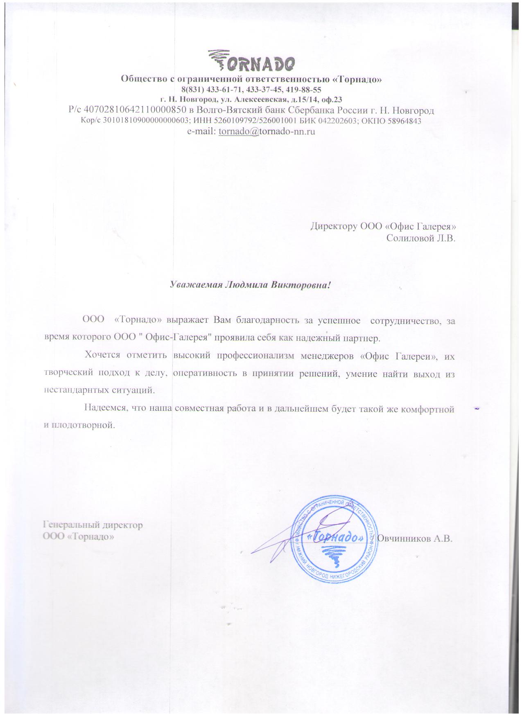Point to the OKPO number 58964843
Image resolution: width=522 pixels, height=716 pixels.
404,121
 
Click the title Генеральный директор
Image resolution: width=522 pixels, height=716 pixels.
93,525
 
